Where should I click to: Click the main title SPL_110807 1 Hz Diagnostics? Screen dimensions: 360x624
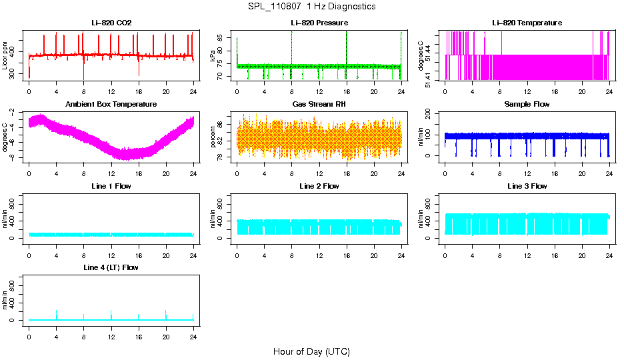(x=311, y=7)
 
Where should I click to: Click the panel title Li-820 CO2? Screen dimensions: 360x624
(x=111, y=23)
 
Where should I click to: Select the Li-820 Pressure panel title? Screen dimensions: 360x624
(x=319, y=23)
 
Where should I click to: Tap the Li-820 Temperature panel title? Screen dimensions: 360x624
(x=527, y=23)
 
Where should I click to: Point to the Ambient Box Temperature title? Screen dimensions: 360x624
(x=111, y=105)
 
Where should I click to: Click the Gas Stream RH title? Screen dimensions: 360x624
(x=319, y=105)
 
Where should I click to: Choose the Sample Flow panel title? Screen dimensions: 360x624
(x=527, y=105)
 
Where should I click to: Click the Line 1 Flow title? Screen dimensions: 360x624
(x=111, y=186)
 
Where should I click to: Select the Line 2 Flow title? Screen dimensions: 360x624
(x=319, y=186)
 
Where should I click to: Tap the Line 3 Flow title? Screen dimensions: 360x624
(x=527, y=186)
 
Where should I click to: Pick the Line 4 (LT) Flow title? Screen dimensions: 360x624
(x=111, y=267)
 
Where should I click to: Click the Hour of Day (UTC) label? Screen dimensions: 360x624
(x=311, y=351)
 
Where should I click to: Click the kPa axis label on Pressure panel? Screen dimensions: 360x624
(x=213, y=56)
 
